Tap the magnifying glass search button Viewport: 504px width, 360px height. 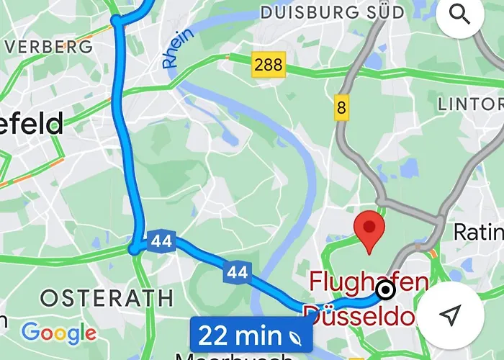[x=460, y=14]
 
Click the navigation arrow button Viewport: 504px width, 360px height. [x=450, y=314]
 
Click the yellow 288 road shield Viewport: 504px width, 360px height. [x=269, y=65]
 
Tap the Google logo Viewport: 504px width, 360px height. [x=59, y=333]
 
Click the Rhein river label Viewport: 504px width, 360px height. [x=178, y=49]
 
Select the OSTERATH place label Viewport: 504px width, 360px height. [x=107, y=297]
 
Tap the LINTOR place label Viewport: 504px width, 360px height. [x=470, y=104]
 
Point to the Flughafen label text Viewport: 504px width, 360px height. [x=369, y=281]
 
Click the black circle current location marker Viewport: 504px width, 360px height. [x=386, y=290]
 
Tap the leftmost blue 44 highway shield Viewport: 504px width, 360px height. [x=161, y=241]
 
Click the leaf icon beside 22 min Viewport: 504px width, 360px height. [x=295, y=336]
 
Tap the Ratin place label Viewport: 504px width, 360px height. [x=478, y=232]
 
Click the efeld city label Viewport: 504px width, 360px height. [x=32, y=124]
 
